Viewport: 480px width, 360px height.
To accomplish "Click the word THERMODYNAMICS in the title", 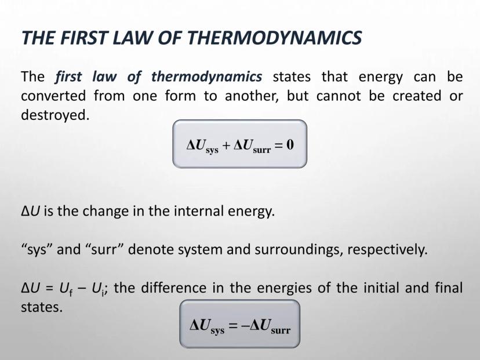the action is [x=275, y=38].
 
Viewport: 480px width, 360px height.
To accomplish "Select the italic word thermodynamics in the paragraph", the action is [x=206, y=77].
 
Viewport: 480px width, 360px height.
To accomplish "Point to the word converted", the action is [x=53, y=96].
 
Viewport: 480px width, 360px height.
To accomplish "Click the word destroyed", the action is [x=55, y=115].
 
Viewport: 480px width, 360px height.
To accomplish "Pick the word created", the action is [x=417, y=96].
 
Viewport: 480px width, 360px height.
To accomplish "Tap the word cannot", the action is [x=339, y=96].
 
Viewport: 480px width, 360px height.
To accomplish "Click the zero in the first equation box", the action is [x=290, y=144].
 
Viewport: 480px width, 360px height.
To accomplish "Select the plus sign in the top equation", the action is [x=226, y=145].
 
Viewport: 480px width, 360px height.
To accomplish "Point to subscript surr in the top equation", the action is [x=262, y=150].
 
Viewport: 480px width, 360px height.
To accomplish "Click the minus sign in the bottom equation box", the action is [x=245, y=325].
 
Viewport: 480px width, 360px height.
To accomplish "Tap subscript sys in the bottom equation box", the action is [x=217, y=331].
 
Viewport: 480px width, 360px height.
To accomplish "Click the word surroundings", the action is [x=297, y=250].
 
